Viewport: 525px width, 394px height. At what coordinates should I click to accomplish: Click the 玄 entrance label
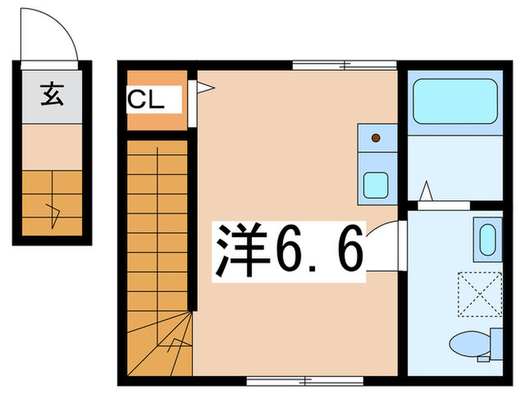point(51,96)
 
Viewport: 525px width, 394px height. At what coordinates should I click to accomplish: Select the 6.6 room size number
point(319,251)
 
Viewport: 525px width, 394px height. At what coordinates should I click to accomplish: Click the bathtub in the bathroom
point(455,101)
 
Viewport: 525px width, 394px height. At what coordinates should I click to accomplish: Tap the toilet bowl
point(471,345)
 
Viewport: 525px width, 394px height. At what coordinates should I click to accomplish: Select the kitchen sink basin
point(375,184)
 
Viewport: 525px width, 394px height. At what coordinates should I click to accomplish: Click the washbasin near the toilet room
point(486,239)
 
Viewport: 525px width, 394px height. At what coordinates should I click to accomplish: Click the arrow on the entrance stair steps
point(53,214)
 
